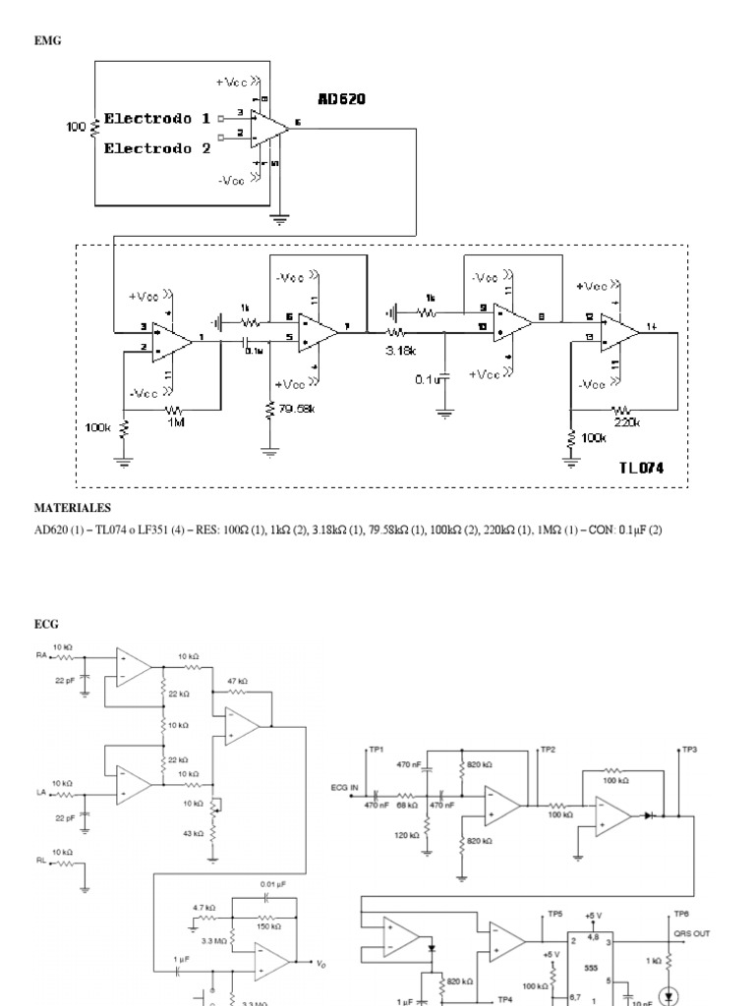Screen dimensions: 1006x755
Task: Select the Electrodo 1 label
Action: click(157, 119)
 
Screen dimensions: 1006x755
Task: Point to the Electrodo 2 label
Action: click(157, 149)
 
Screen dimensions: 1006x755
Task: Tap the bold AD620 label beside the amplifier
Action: click(342, 98)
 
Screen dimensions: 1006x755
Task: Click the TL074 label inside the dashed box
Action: click(641, 469)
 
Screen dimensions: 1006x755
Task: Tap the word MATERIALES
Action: click(73, 508)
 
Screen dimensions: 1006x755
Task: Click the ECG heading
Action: click(47, 623)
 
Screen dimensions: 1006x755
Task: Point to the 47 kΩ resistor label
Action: click(237, 680)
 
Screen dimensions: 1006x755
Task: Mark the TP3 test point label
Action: click(689, 749)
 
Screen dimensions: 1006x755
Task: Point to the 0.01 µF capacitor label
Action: click(273, 884)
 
